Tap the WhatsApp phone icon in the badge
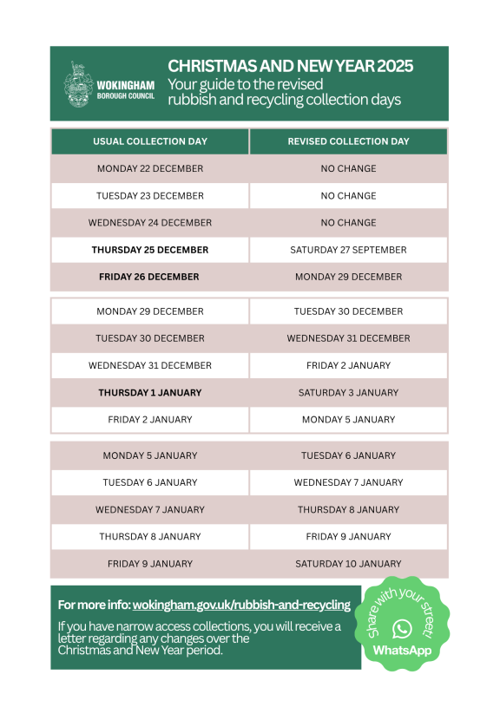pos(402,628)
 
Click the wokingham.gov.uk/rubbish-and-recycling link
pos(241,605)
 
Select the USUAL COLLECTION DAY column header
pos(150,141)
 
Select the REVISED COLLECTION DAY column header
pos(348,141)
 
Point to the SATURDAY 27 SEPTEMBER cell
pos(348,250)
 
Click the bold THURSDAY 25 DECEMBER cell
pos(150,250)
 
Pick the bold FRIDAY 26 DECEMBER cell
pos(149,277)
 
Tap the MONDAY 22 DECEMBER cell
pos(150,168)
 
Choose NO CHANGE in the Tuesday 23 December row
pos(348,196)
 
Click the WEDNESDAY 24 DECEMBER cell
pos(150,223)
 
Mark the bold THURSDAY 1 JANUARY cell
pos(150,392)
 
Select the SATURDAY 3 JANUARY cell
pos(348,392)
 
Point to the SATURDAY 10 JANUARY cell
pos(348,564)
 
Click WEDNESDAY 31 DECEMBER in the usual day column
pos(150,365)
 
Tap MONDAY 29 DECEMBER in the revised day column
pos(348,277)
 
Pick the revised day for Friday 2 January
pos(348,420)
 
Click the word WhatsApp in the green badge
pos(402,650)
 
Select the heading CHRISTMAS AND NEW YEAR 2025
pos(290,67)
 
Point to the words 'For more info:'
pos(94,605)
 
